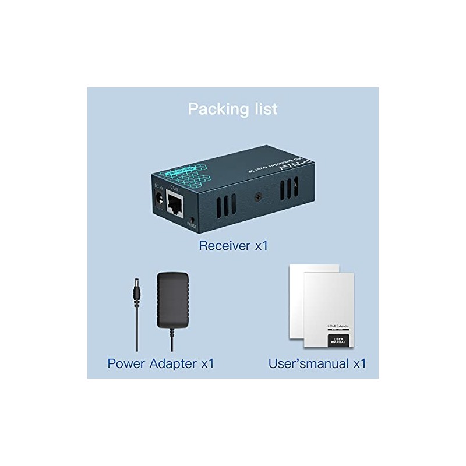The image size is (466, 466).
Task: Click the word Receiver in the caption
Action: click(x=225, y=245)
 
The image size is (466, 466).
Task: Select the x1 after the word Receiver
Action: click(x=260, y=245)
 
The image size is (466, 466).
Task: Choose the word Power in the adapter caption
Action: click(x=126, y=364)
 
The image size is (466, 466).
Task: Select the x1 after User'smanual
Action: click(x=358, y=364)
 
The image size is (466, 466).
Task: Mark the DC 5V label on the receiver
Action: click(x=157, y=188)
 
